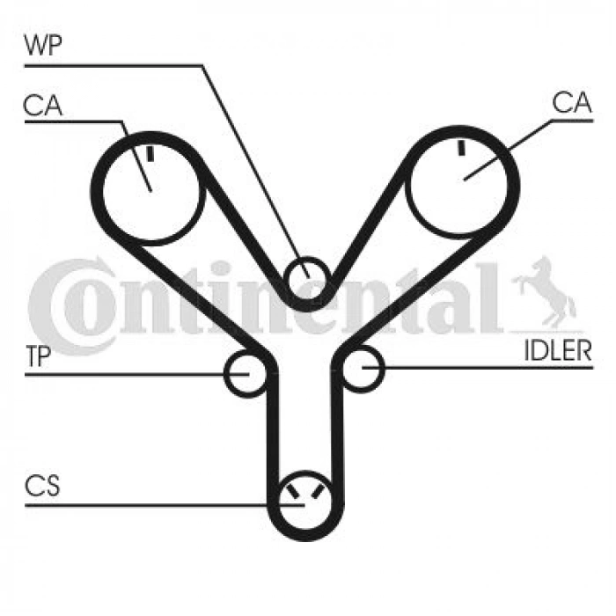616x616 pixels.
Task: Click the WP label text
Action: pos(43,46)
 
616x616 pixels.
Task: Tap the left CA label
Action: pos(43,106)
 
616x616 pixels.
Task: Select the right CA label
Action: pos(572,103)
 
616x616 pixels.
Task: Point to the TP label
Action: pos(38,356)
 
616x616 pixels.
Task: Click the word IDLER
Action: pos(558,350)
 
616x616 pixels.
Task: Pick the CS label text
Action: pos(42,486)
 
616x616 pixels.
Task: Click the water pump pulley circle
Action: pos(308,257)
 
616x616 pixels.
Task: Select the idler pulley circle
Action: pos(383,370)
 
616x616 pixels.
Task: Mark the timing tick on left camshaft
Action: pos(150,154)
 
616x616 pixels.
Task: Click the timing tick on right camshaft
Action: pos(462,147)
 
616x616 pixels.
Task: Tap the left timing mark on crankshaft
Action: pos(292,491)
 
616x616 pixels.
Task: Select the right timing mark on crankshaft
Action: pos(317,491)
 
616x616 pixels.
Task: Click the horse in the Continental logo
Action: pos(544,293)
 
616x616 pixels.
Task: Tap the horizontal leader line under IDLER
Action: pos(477,368)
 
